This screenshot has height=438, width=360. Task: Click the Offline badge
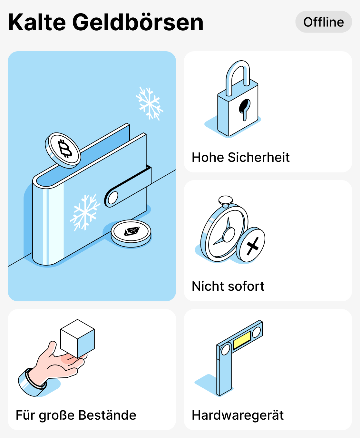click(x=324, y=22)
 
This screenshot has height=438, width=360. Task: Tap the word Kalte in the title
click(x=37, y=23)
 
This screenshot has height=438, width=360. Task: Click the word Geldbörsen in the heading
click(x=138, y=23)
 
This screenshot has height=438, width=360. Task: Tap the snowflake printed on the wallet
click(x=85, y=213)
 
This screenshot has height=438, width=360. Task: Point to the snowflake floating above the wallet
click(x=149, y=103)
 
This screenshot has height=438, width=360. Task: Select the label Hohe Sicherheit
click(x=240, y=157)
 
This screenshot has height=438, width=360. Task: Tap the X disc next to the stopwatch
click(x=251, y=245)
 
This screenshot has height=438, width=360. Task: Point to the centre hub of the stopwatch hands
click(x=229, y=235)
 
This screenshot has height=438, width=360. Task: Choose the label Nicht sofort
click(x=228, y=286)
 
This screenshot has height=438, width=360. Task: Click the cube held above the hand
click(x=77, y=338)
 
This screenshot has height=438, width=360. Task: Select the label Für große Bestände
click(x=76, y=415)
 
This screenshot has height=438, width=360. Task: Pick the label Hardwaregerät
click(x=238, y=415)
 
